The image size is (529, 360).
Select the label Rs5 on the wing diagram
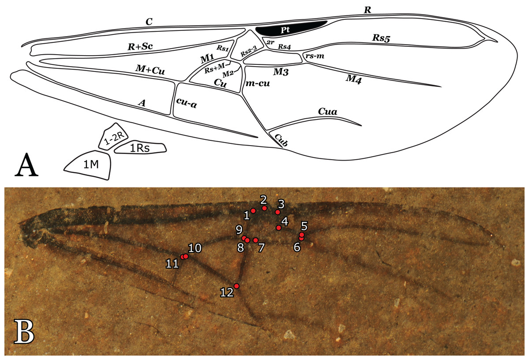click(381, 38)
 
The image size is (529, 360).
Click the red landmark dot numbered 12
click(237, 286)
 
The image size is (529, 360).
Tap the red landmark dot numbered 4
click(279, 228)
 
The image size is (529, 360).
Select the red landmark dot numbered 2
click(264, 208)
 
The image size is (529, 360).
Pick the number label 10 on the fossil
click(195, 248)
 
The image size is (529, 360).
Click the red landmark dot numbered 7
click(255, 240)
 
